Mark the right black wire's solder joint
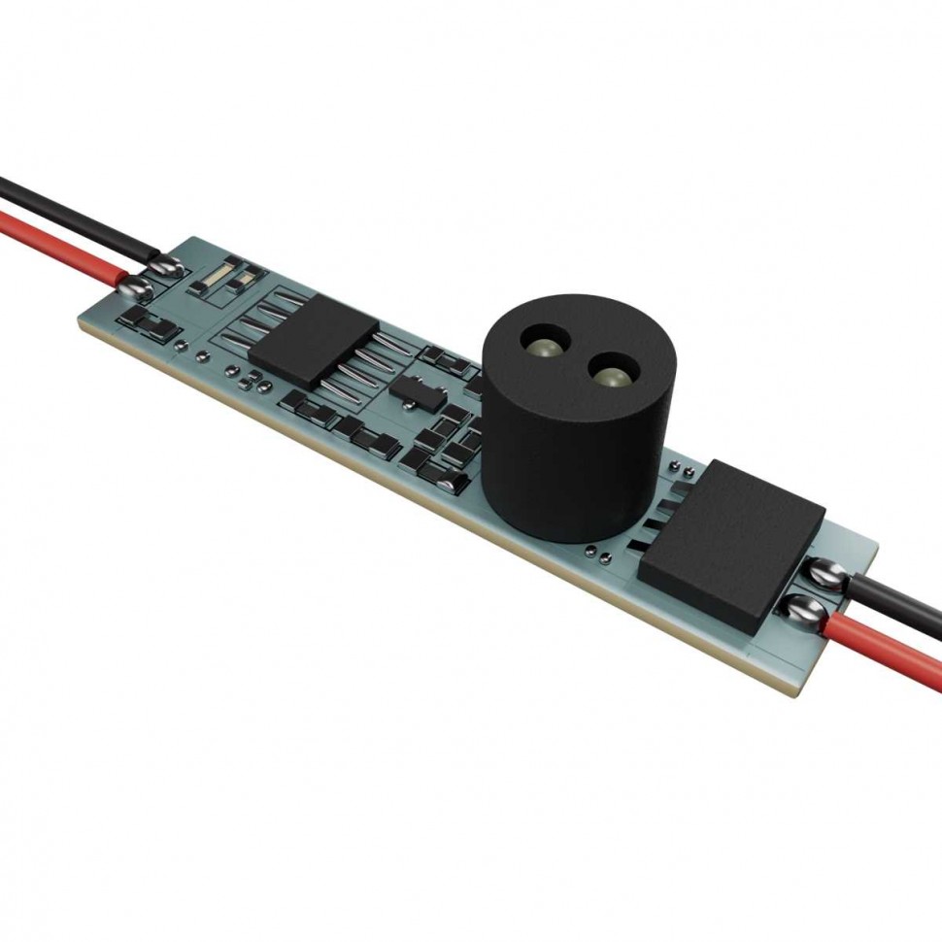click(x=831, y=576)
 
